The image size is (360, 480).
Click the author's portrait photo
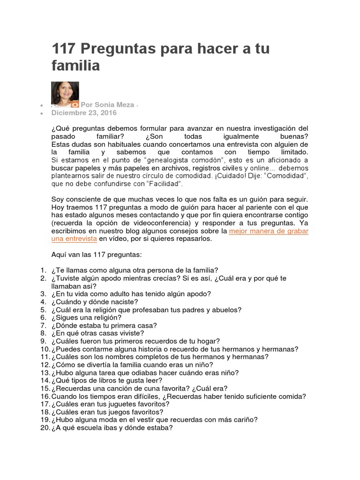tap(65, 94)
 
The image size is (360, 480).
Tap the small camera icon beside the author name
tap(74, 105)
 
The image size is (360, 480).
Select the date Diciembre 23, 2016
tap(78, 113)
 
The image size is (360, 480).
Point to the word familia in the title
tap(75, 66)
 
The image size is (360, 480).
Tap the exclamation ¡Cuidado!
tap(215, 175)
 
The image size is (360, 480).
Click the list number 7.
tap(43, 325)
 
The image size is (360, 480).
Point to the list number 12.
tap(45, 365)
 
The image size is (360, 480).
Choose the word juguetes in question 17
tap(119, 404)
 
